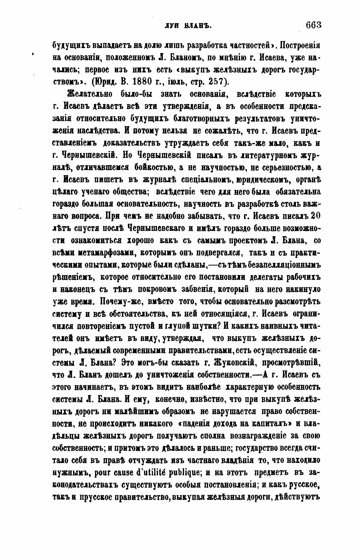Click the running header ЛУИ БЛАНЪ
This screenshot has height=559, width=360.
click(188, 26)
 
